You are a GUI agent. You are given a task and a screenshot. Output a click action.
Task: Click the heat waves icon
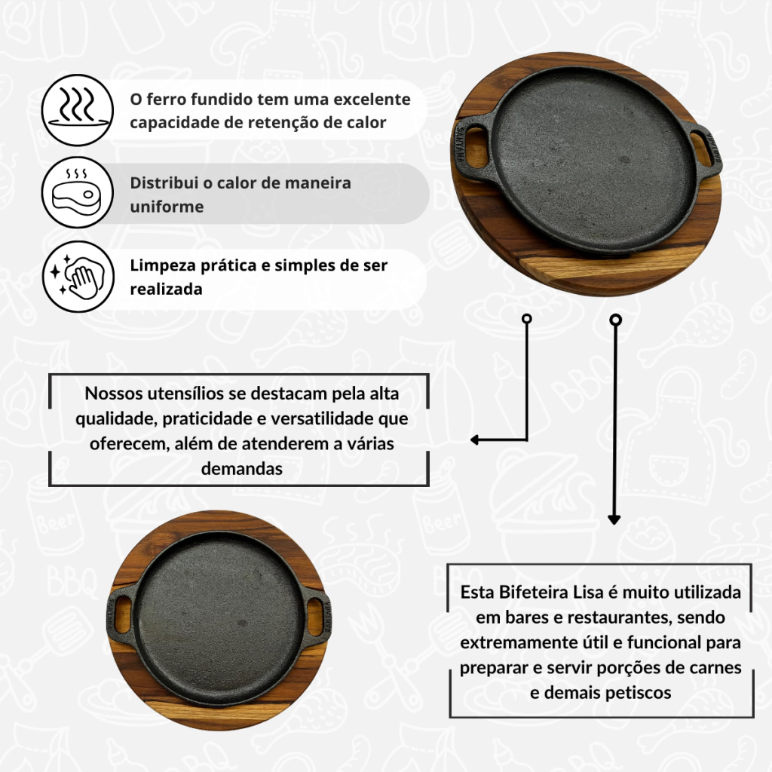(x=78, y=110)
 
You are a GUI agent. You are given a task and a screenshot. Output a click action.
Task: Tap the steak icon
(x=78, y=192)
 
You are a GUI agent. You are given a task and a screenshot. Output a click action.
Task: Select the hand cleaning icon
(x=78, y=276)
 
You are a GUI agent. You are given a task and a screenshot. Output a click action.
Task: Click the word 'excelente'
(x=372, y=99)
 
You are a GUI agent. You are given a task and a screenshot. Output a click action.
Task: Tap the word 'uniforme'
(x=167, y=207)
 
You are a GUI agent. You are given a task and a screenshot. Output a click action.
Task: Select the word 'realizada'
(x=166, y=289)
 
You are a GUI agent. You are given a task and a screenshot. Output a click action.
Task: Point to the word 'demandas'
(x=242, y=468)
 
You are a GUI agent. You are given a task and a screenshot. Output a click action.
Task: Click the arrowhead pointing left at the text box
(x=475, y=440)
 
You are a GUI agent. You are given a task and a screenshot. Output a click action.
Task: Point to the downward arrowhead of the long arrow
(x=614, y=519)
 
